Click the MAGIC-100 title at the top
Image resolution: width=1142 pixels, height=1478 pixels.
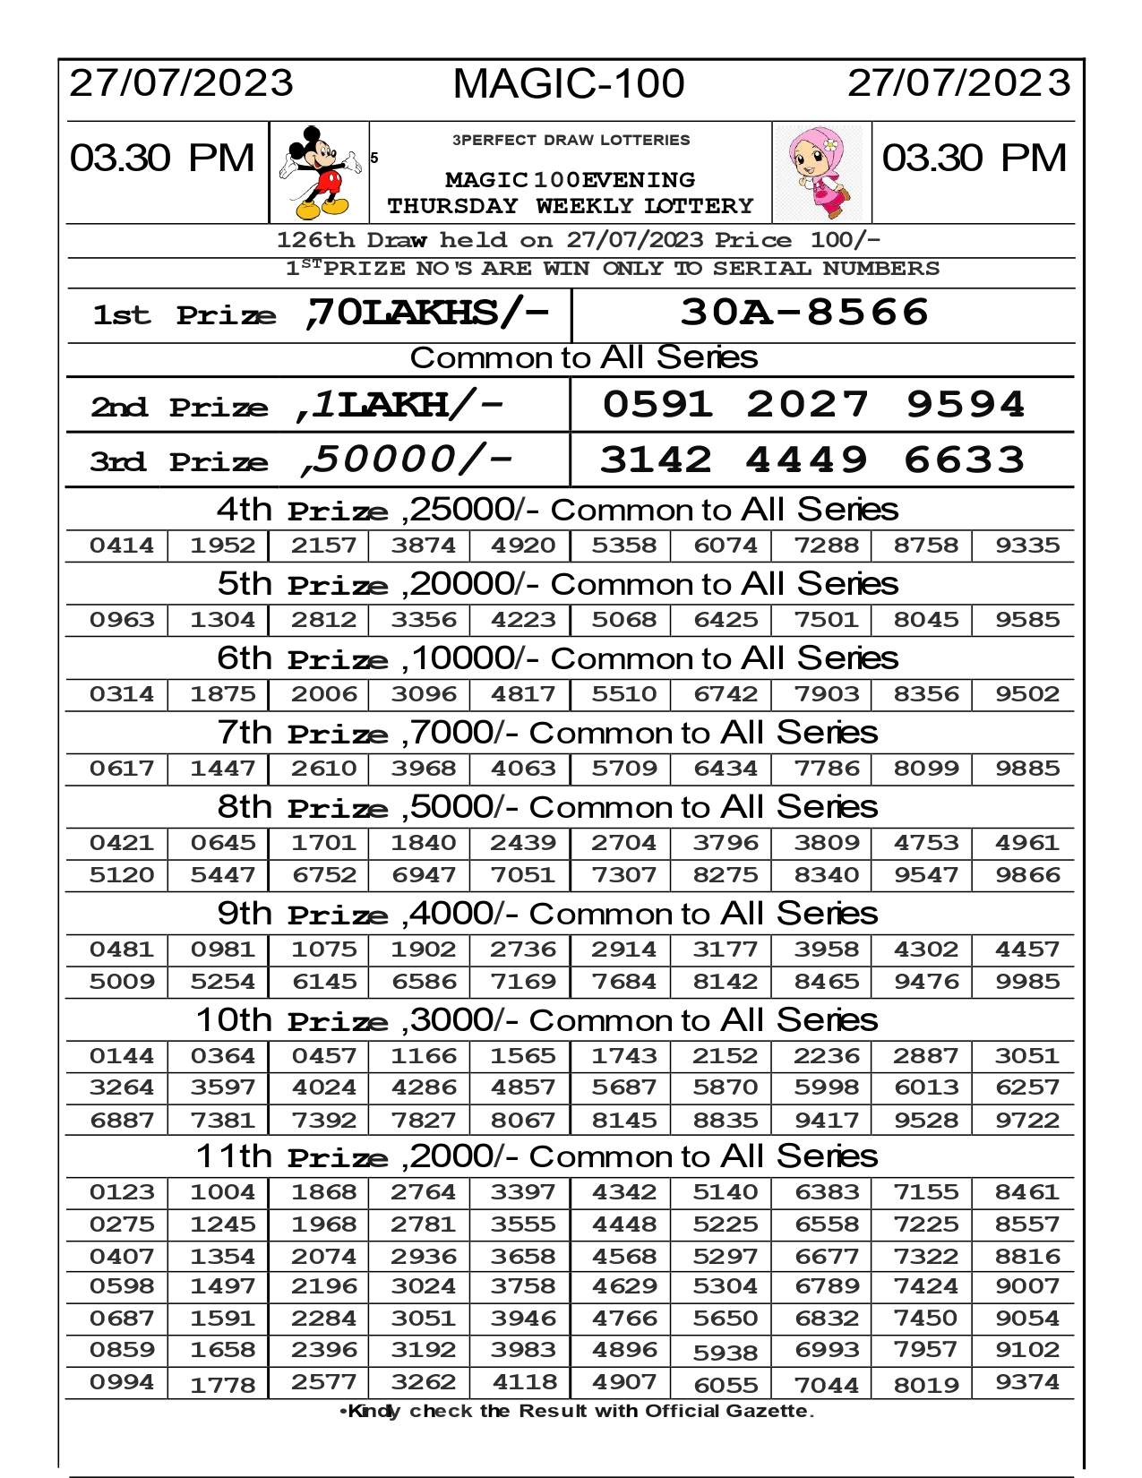point(569,84)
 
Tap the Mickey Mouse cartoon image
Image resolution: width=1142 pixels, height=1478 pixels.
point(315,172)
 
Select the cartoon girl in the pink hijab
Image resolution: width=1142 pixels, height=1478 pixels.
point(822,172)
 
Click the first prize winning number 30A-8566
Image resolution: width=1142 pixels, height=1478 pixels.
point(803,313)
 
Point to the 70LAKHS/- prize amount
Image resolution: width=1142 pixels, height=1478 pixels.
point(426,313)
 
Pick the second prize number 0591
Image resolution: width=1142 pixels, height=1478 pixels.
point(657,405)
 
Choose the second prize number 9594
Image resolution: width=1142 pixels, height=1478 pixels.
point(965,405)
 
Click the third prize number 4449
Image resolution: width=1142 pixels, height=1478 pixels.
point(806,460)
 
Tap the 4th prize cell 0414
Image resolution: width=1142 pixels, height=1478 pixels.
point(122,546)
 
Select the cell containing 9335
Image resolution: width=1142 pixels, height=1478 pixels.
point(1027,546)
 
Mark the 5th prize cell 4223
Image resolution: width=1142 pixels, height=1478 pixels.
point(523,620)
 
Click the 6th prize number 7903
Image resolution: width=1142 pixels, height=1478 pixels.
point(826,694)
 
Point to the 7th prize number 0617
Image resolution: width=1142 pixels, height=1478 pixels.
point(122,769)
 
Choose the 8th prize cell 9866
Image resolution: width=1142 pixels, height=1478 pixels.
point(1027,875)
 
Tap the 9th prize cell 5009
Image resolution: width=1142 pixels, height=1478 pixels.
point(122,982)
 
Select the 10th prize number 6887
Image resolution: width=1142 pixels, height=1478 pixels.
point(122,1121)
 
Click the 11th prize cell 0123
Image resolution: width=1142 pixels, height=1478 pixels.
point(122,1192)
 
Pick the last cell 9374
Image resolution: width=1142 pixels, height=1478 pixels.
point(1027,1382)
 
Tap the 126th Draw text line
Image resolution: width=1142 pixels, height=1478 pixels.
point(578,240)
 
